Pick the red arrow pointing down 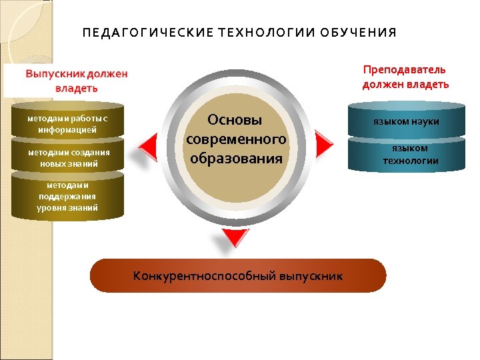click(235, 237)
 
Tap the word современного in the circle click(236, 139)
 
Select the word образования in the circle click(236, 159)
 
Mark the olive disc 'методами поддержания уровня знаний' click(67, 196)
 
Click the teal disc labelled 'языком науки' click(406, 121)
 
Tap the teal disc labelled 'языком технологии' click(406, 155)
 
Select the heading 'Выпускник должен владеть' click(75, 81)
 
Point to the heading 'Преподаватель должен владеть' click(405, 77)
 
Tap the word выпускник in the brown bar click(311, 276)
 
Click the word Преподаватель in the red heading click(405, 70)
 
